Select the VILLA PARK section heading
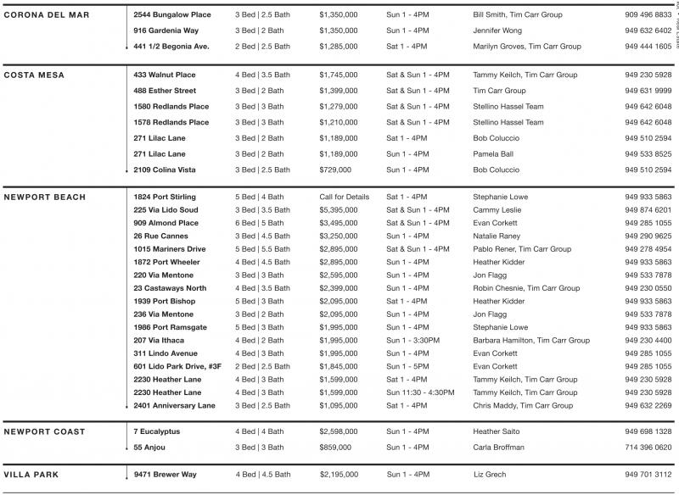[31, 475]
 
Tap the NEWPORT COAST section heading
[44, 431]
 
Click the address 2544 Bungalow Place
[172, 15]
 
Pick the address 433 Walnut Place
[165, 75]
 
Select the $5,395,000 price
[339, 209]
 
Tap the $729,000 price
[335, 170]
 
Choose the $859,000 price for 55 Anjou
[335, 447]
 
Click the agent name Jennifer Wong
[501, 31]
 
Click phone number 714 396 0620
[648, 447]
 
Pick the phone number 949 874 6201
[648, 209]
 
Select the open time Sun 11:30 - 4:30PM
[420, 392]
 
